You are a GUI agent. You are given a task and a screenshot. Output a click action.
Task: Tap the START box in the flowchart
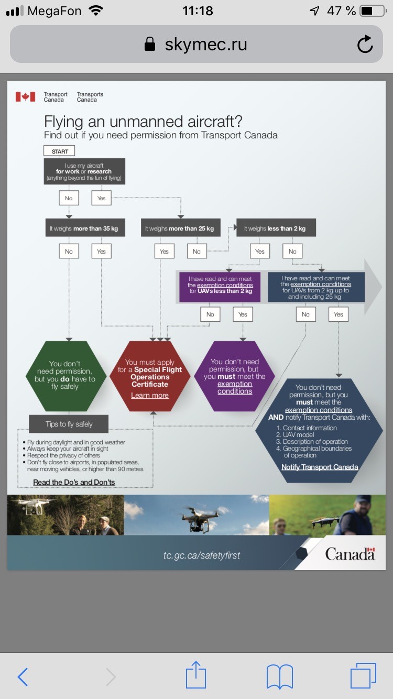(x=59, y=151)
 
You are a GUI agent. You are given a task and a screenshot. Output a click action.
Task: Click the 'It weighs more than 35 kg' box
(x=85, y=228)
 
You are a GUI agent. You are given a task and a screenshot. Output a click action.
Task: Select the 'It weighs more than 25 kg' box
(x=180, y=228)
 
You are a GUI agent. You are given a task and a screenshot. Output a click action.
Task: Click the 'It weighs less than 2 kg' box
(x=276, y=228)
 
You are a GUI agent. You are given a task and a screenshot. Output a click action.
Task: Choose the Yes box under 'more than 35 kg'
(x=102, y=251)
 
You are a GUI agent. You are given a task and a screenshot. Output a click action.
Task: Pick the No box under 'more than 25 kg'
(x=197, y=251)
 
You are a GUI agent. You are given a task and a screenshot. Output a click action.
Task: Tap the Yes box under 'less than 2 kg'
(x=260, y=251)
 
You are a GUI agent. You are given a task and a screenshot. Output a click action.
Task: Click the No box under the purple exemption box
(x=210, y=314)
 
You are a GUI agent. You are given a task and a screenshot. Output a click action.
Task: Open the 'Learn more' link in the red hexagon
(x=150, y=396)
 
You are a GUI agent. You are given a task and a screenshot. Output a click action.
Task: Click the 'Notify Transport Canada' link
(x=320, y=467)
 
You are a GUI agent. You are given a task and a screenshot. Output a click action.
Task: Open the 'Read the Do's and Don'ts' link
(x=74, y=482)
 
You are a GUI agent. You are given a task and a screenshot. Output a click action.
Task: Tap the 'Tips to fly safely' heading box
(x=69, y=424)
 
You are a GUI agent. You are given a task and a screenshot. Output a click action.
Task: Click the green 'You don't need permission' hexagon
(x=66, y=376)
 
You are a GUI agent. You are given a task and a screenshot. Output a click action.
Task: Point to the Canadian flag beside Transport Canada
(x=25, y=97)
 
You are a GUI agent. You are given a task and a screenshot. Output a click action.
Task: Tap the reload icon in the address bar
(x=365, y=44)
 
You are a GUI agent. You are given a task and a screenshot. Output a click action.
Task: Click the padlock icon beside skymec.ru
(x=150, y=44)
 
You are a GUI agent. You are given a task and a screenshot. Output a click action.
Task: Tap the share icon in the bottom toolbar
(x=196, y=674)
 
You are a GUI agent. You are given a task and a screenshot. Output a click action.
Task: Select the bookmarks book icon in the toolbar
(x=280, y=676)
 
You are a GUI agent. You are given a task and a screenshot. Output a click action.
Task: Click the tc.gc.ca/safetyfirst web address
(x=202, y=555)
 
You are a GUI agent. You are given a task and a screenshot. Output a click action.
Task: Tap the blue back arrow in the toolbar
(x=23, y=676)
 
